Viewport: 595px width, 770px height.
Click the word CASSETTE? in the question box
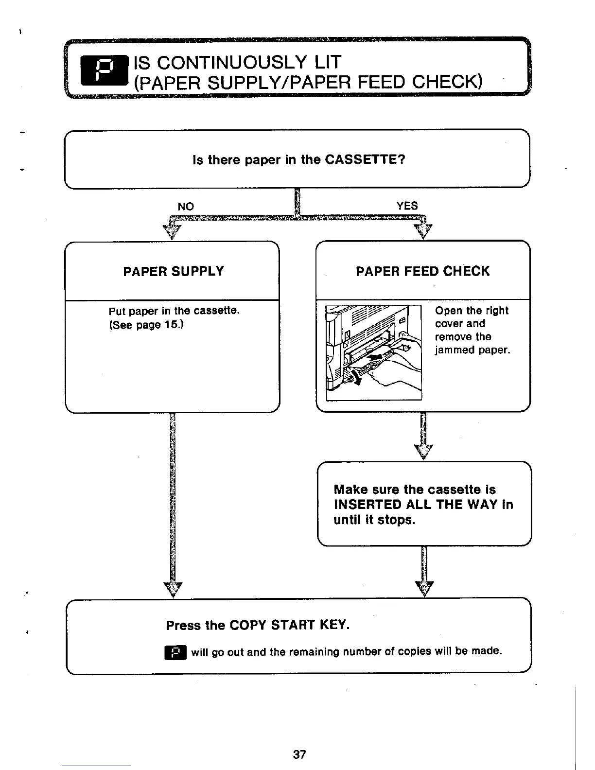[x=365, y=159]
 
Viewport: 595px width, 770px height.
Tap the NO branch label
[x=186, y=207]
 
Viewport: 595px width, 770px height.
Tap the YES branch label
[x=407, y=206]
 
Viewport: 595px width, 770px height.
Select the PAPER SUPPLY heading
[x=174, y=271]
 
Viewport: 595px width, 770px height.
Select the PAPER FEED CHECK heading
[x=422, y=271]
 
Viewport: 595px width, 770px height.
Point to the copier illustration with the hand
[x=373, y=351]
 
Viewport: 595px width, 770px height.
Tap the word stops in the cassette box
[x=396, y=520]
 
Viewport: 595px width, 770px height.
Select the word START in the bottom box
[x=293, y=625]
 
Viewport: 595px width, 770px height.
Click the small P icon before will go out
[x=175, y=651]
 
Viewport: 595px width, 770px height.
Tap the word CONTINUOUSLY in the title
[x=233, y=62]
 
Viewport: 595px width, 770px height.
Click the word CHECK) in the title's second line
[x=447, y=83]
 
